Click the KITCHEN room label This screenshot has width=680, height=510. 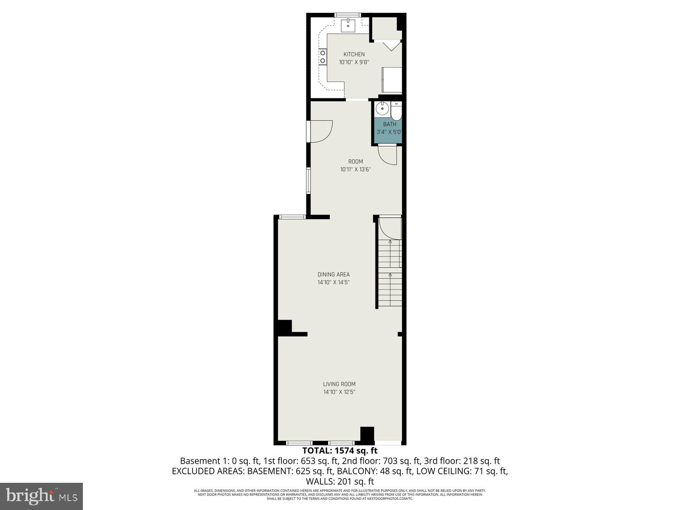(354, 54)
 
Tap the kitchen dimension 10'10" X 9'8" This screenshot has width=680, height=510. (354, 62)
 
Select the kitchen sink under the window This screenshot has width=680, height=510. (350, 26)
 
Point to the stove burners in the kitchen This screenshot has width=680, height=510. (323, 57)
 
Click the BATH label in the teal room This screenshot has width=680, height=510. (389, 124)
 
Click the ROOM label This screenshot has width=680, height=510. (355, 161)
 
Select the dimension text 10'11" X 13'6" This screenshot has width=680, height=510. (355, 169)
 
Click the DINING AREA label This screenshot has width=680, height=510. (334, 275)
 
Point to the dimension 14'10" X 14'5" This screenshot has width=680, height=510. (334, 282)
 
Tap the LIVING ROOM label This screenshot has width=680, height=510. (339, 384)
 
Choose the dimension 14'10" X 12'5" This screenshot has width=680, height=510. (339, 392)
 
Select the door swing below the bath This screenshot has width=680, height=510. (388, 155)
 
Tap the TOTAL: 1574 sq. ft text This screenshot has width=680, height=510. (340, 450)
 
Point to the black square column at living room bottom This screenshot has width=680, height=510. (367, 434)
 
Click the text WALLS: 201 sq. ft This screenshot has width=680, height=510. (340, 482)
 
